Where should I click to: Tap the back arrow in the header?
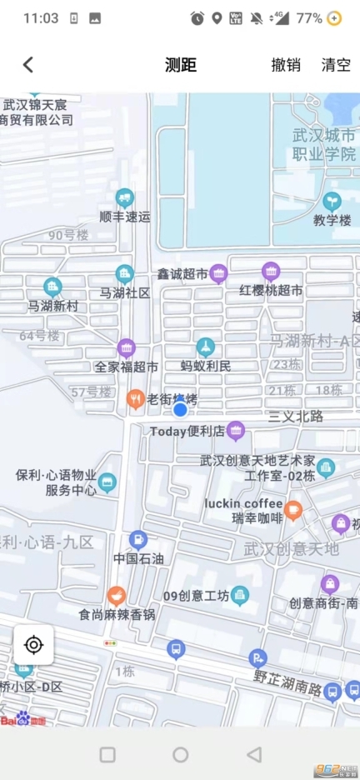tap(28, 65)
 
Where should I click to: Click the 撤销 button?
tap(286, 65)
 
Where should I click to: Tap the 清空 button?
tap(337, 65)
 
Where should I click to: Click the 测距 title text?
tap(180, 65)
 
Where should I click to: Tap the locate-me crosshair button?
tap(34, 644)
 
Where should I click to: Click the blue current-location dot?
tap(180, 408)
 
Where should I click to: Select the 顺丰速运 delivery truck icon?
tap(125, 197)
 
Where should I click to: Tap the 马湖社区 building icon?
tap(125, 273)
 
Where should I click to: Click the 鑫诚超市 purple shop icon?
tap(218, 272)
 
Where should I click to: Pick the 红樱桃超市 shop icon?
tap(271, 272)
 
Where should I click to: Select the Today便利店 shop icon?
tap(236, 431)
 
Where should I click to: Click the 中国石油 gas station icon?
tap(138, 540)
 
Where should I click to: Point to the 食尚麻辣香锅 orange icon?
tap(117, 596)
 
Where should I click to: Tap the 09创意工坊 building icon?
tap(240, 595)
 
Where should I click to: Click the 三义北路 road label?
tap(296, 416)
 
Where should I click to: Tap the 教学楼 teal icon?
tap(332, 201)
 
